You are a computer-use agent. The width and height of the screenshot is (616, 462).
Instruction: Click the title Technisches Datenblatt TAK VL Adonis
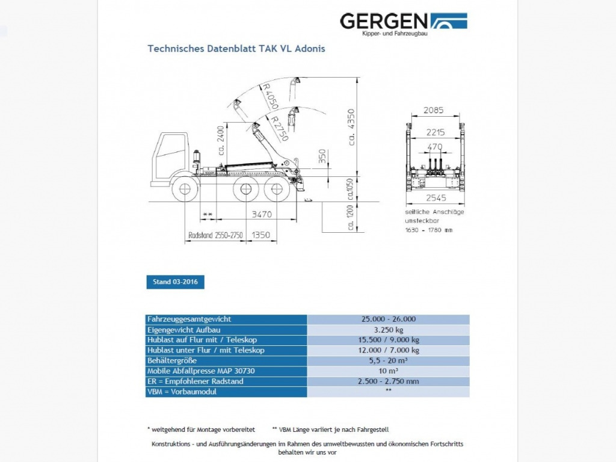(236, 49)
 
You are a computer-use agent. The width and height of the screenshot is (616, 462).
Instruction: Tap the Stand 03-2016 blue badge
(175, 282)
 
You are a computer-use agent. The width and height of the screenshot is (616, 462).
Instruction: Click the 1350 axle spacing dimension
(261, 235)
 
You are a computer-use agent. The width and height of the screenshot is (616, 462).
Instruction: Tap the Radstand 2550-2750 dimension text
(215, 235)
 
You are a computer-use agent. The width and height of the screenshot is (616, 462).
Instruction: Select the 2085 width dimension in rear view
(433, 110)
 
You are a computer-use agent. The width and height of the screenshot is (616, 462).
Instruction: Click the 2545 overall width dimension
(435, 199)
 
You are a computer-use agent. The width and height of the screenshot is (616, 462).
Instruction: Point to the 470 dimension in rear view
(434, 146)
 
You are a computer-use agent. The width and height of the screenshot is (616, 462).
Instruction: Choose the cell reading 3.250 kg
(388, 330)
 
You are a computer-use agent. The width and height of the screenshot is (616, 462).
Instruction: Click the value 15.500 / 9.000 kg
(388, 340)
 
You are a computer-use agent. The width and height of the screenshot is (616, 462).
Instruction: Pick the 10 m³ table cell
(388, 371)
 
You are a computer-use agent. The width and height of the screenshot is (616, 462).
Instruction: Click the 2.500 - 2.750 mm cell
(388, 381)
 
